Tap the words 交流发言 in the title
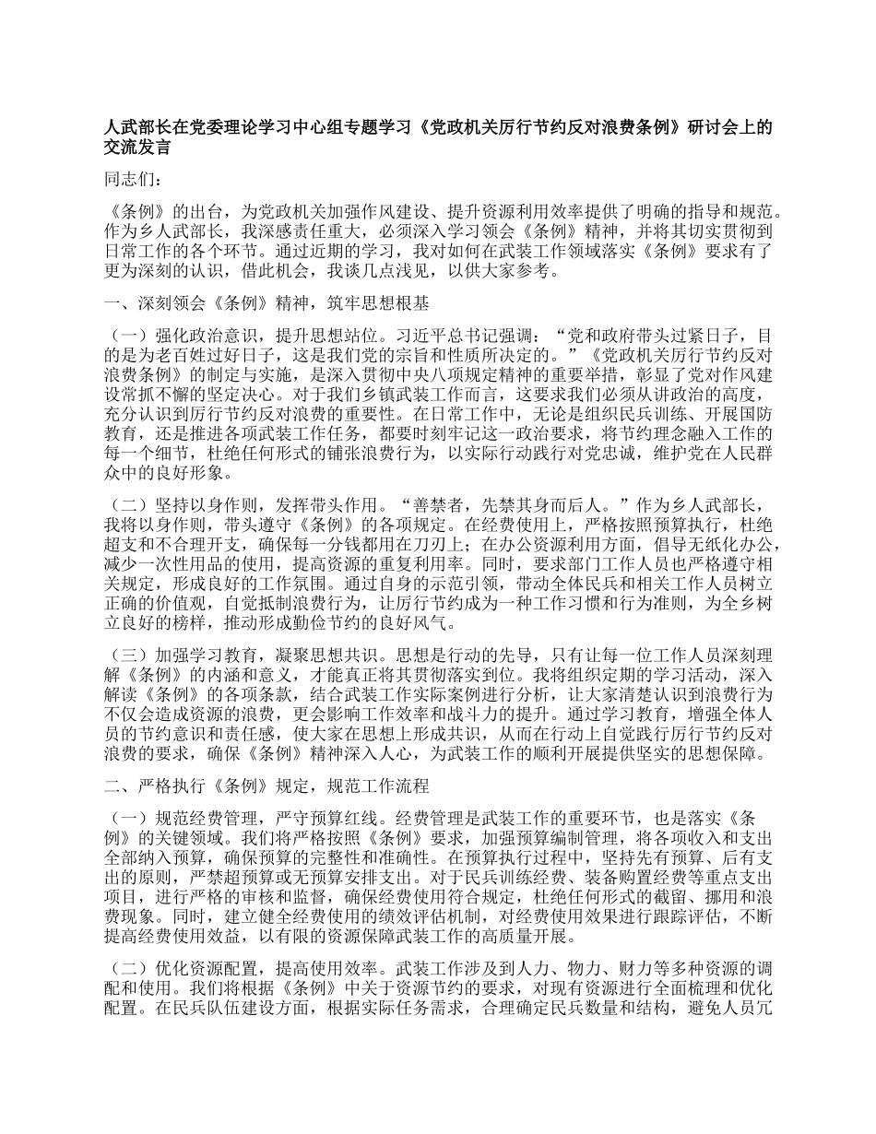tap(136, 146)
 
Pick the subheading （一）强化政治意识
tap(180, 337)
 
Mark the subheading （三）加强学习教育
tap(180, 656)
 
